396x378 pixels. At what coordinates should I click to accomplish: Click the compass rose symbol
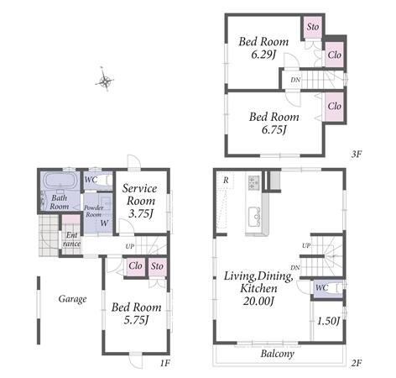[105, 80]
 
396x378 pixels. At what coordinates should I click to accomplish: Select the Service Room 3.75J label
[140, 201]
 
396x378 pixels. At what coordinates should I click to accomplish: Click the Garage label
[72, 299]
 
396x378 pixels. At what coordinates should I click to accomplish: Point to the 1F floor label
[165, 363]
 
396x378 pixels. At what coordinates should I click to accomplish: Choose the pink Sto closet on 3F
[313, 27]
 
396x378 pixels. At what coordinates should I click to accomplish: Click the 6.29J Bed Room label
[263, 48]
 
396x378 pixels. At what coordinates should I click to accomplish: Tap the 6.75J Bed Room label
[274, 123]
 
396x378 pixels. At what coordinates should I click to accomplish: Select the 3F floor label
[357, 154]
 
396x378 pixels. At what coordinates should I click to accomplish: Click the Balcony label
[278, 354]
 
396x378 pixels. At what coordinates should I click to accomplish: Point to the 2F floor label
[357, 363]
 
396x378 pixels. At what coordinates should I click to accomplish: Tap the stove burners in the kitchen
[253, 182]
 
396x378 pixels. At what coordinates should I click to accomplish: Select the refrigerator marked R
[226, 181]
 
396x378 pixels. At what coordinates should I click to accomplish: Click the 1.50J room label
[328, 321]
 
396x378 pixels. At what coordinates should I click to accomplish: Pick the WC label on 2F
[321, 287]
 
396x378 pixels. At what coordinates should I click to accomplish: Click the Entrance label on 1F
[71, 239]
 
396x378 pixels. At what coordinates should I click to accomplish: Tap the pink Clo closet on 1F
[136, 266]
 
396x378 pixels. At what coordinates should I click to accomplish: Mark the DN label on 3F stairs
[295, 80]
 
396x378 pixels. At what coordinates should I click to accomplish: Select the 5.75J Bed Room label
[136, 313]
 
